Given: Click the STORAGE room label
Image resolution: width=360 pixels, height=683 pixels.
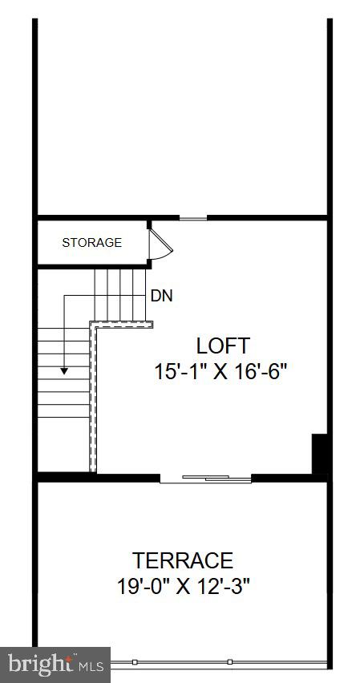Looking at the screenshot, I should click(92, 242).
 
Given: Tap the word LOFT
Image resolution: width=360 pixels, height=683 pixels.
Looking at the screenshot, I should click(223, 346).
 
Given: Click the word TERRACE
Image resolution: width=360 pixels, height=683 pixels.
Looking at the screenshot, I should click(184, 560).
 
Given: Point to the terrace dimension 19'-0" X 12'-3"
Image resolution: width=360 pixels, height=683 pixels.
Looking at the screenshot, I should click(184, 585).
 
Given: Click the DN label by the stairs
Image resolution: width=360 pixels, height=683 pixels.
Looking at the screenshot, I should click(161, 296).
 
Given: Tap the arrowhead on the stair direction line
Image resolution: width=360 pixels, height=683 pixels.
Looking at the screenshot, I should click(65, 370).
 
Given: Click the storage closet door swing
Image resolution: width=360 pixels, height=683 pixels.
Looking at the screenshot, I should click(158, 245).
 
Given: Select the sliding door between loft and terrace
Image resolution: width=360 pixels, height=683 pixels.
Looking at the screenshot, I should click(205, 479).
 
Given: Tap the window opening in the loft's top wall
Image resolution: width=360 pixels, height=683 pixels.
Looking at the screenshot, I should click(192, 217).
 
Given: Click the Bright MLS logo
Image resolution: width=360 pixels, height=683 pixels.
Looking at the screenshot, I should click(55, 665).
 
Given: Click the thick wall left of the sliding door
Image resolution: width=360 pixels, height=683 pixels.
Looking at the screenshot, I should click(98, 478).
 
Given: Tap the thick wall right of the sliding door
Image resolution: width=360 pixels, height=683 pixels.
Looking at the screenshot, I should click(289, 478).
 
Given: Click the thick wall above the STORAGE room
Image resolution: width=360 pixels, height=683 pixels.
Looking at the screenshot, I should click(92, 217).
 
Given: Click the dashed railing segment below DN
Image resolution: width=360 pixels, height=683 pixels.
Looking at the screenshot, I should click(122, 323).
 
